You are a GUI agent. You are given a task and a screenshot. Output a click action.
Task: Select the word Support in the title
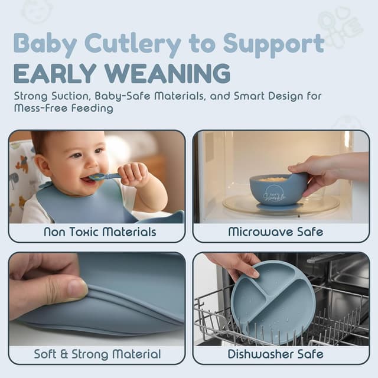pos(273,44)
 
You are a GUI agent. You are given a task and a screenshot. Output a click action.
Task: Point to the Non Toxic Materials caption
pos(100,232)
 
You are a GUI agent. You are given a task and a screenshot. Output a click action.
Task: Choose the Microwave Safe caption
pos(276,232)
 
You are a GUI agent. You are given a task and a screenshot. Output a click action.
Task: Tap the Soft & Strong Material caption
pos(97,354)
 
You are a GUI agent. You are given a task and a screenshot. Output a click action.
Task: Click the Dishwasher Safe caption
pos(276,354)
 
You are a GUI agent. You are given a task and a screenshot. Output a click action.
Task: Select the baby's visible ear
pos(43,165)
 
